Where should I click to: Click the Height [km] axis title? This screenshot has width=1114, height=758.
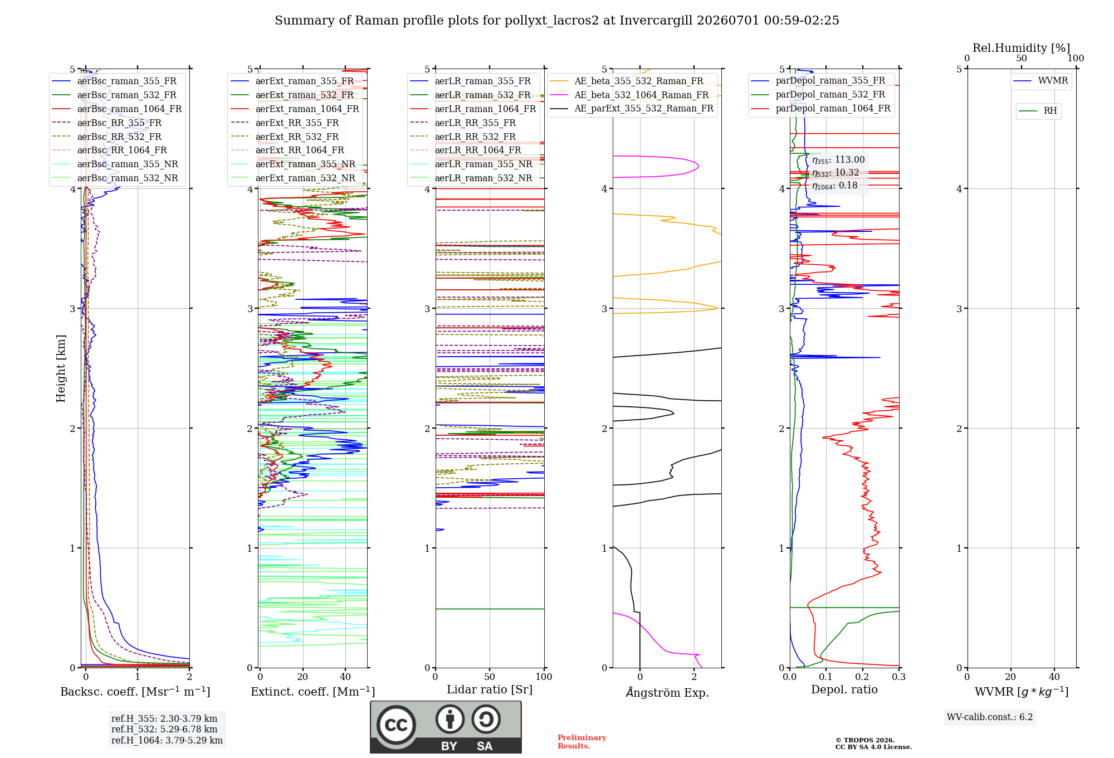pyautogui.click(x=61, y=368)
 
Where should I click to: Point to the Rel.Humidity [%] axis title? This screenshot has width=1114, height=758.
pyautogui.click(x=1021, y=48)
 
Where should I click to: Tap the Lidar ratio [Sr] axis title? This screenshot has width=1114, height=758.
pyautogui.click(x=490, y=690)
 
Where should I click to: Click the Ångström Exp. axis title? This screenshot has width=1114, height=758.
pyautogui.click(x=667, y=692)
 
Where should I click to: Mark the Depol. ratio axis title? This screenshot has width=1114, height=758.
pyautogui.click(x=844, y=690)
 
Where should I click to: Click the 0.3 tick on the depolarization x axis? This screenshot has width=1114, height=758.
pyautogui.click(x=898, y=677)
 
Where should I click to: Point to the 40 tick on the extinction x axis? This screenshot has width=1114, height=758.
pyautogui.click(x=345, y=677)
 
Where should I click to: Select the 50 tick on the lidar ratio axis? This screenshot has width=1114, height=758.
pyautogui.click(x=490, y=677)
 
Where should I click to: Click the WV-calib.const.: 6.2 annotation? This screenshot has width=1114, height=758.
pyautogui.click(x=990, y=717)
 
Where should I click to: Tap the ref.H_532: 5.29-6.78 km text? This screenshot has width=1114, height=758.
pyautogui.click(x=164, y=729)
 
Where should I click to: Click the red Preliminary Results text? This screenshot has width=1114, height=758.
pyautogui.click(x=582, y=742)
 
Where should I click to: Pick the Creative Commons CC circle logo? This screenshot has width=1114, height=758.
pyautogui.click(x=396, y=725)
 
